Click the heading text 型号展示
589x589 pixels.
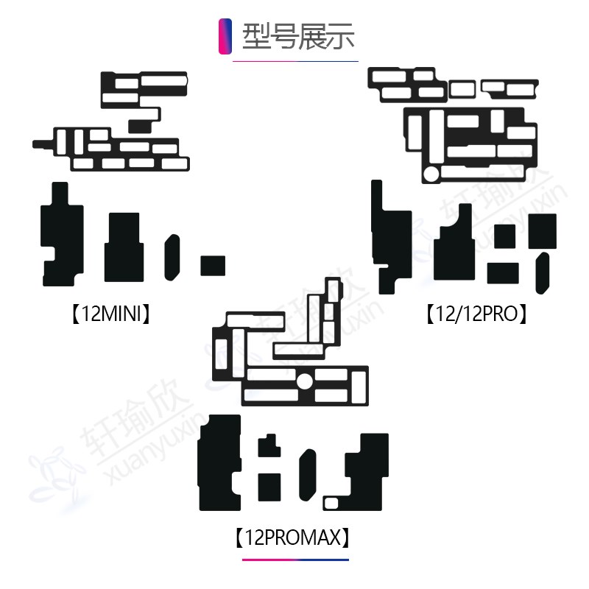tap(298, 35)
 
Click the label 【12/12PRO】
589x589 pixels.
tap(478, 315)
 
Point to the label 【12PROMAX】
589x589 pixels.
tap(292, 538)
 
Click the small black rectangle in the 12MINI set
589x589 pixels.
tap(213, 265)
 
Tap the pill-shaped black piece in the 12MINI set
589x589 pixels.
tap(172, 255)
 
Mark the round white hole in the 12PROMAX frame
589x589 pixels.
tap(304, 381)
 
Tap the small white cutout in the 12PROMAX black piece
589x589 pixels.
tap(332, 504)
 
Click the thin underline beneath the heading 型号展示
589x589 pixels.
tap(295, 60)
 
